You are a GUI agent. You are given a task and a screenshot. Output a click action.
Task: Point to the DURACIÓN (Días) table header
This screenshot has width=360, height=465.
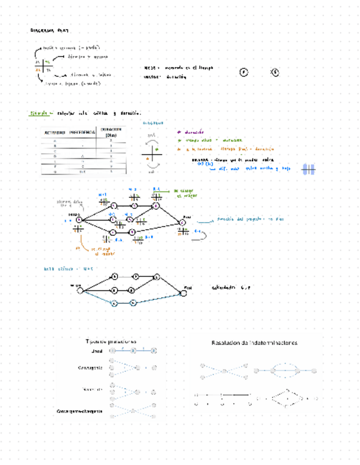pyautogui.click(x=111, y=132)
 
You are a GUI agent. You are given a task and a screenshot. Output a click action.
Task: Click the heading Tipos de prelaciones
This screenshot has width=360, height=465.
pyautogui.click(x=111, y=341)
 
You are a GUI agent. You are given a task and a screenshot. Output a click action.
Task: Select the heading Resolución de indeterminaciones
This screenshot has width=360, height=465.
pyautogui.click(x=254, y=343)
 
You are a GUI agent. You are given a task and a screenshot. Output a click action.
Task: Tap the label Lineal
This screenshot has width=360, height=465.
pyautogui.click(x=98, y=351)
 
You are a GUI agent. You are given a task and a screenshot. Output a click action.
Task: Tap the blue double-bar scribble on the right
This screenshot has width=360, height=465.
pyautogui.click(x=308, y=171)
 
